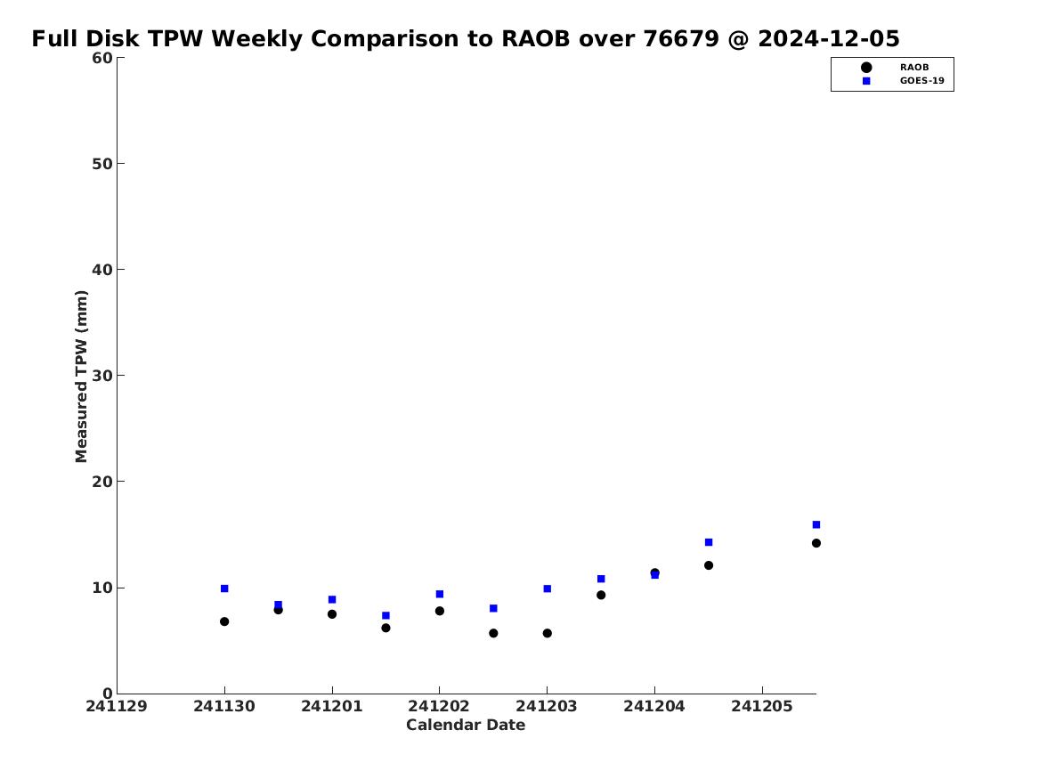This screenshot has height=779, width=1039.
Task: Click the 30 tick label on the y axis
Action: tap(102, 376)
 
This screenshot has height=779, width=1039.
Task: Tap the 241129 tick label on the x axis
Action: tap(117, 706)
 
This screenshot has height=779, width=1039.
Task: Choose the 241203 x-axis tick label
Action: tap(547, 706)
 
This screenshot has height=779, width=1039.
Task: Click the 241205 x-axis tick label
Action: tap(762, 706)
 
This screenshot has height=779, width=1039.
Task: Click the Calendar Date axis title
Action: tap(466, 726)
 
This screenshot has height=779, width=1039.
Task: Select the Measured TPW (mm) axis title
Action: tap(82, 377)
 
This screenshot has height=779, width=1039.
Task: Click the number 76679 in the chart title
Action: tap(681, 39)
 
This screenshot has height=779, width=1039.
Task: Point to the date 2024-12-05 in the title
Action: tap(829, 39)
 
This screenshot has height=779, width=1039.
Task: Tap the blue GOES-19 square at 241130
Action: tap(224, 588)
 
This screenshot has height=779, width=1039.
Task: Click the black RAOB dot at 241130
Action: tap(224, 621)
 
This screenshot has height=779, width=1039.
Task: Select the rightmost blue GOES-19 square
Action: tap(816, 524)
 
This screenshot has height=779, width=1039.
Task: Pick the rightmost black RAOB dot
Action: tap(816, 543)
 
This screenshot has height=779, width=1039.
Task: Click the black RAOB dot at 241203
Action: tap(548, 633)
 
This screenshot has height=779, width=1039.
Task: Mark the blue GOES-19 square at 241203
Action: tap(548, 588)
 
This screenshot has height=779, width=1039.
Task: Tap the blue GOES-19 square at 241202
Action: tap(439, 594)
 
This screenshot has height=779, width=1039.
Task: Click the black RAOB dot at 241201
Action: tap(332, 614)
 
